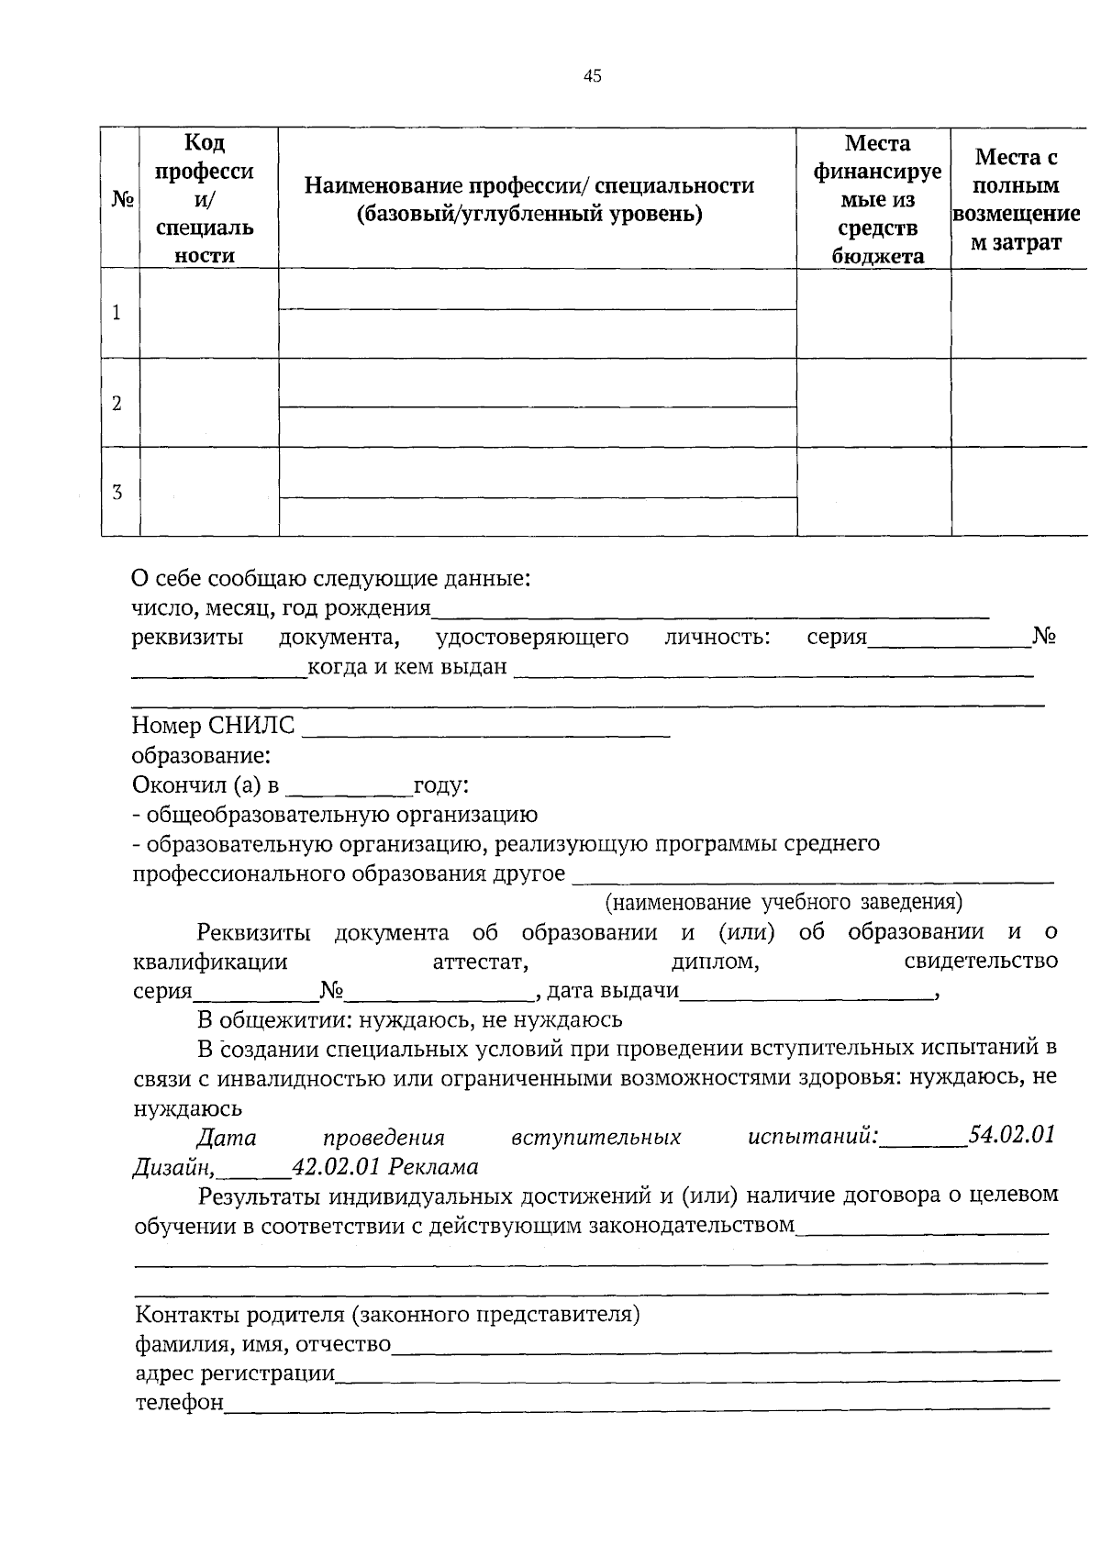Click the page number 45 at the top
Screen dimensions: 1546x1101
[592, 76]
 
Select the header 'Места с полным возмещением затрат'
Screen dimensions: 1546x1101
[1016, 199]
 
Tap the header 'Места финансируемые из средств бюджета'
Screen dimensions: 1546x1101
[877, 198]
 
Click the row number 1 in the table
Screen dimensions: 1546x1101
[117, 313]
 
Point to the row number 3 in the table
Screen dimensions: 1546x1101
[117, 492]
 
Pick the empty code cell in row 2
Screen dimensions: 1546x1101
[208, 403]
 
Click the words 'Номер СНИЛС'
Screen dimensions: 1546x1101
[213, 726]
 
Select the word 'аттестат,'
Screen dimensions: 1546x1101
[480, 962]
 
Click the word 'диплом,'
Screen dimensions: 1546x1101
[715, 962]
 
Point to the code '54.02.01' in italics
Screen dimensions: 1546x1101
[1012, 1135]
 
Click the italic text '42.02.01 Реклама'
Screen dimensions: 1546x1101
[384, 1166]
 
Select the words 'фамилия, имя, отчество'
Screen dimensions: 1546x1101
[262, 1344]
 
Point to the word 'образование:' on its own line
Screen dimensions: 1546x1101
[201, 756]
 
